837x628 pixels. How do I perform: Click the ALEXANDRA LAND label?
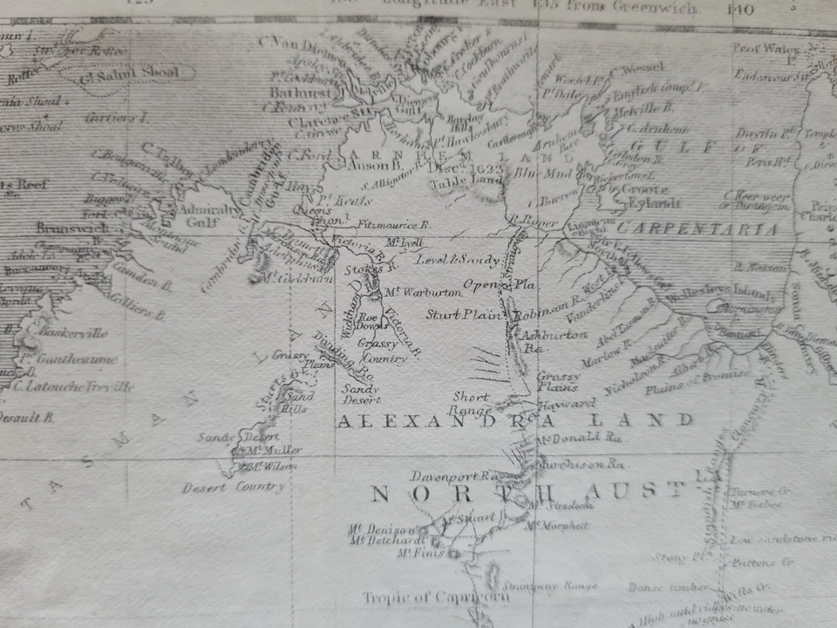pyautogui.click(x=514, y=420)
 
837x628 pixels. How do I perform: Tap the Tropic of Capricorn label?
pyautogui.click(x=436, y=597)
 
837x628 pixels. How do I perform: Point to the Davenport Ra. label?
pyautogui.click(x=453, y=476)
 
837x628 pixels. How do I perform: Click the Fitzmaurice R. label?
pyautogui.click(x=394, y=224)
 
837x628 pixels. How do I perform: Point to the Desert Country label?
pyautogui.click(x=233, y=487)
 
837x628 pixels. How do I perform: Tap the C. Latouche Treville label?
pyautogui.click(x=74, y=386)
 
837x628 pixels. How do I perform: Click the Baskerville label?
pyautogui.click(x=71, y=332)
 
